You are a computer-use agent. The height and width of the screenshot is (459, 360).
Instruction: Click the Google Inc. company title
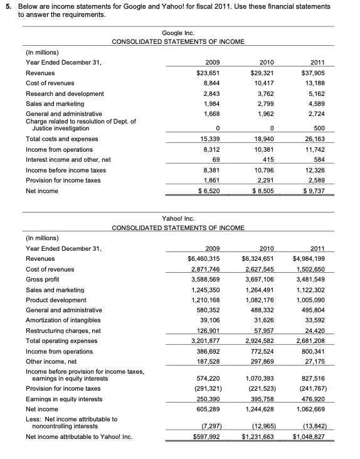click(178, 32)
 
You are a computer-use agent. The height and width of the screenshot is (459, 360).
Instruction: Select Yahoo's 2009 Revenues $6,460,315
click(206, 258)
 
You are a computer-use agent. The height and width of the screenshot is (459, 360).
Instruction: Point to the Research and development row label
click(65, 93)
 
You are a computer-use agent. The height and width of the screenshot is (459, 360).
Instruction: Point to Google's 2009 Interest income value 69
click(213, 159)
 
